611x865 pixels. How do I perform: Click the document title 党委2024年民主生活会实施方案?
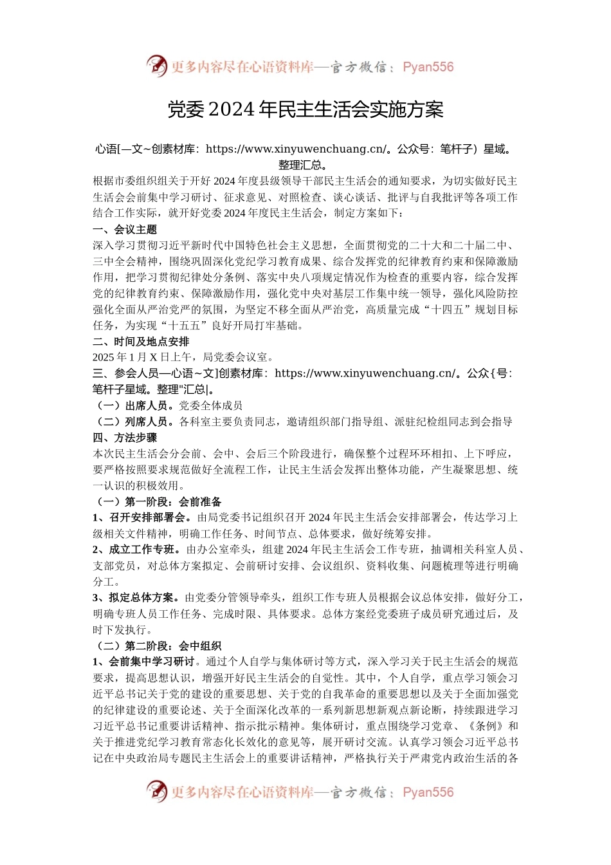tap(305, 109)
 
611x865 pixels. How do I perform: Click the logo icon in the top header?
tap(156, 66)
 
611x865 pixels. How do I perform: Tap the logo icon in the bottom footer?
tap(156, 791)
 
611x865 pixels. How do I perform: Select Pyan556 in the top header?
tap(428, 67)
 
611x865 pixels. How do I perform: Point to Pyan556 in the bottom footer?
tap(428, 792)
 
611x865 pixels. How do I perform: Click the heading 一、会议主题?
tap(125, 229)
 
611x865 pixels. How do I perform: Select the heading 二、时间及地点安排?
tap(141, 341)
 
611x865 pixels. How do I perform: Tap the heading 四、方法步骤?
tap(125, 438)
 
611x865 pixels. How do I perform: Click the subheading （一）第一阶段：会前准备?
tap(158, 501)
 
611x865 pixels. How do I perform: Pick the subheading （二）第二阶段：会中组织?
tap(158, 646)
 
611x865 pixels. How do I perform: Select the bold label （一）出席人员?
tap(133, 405)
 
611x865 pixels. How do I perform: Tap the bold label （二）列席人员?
tap(133, 422)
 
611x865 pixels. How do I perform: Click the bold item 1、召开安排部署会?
tap(141, 517)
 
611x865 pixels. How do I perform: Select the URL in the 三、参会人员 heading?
tap(365, 373)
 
